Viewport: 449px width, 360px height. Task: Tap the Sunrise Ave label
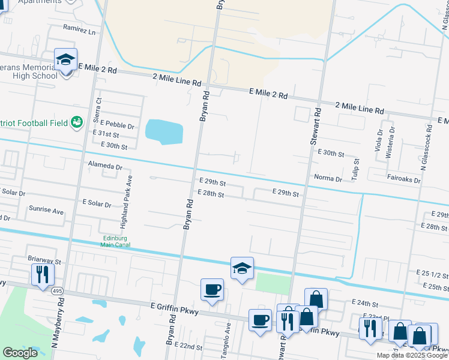[46, 211]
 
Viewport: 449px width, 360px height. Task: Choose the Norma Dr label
[328, 178]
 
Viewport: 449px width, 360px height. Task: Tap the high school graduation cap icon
[65, 60]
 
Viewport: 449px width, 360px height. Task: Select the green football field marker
[77, 123]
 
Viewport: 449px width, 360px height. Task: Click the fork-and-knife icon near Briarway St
[42, 275]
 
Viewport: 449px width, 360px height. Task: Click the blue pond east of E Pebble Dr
[164, 131]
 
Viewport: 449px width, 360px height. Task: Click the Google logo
[20, 353]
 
